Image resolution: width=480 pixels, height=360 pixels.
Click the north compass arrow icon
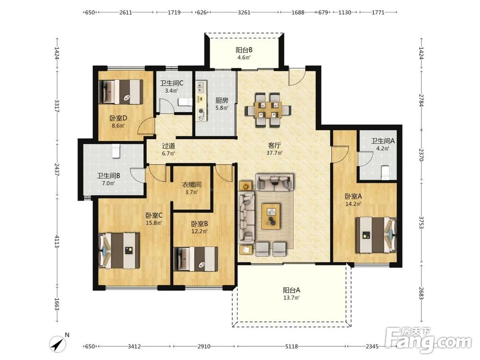[x=58, y=344]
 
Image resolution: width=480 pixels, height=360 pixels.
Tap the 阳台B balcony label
[x=244, y=50]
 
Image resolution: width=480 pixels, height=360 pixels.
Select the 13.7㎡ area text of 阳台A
[x=291, y=298]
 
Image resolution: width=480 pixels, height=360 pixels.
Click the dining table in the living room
[x=268, y=109]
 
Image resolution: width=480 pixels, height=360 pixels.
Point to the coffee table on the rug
[x=271, y=216]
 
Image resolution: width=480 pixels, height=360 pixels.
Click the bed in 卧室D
[x=122, y=92]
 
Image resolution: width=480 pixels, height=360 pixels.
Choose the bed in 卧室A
[x=376, y=235]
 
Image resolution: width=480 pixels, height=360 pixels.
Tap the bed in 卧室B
[x=196, y=259]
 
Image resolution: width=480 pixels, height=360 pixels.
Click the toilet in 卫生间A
[x=384, y=172]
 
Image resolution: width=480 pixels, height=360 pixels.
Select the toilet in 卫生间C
[x=185, y=102]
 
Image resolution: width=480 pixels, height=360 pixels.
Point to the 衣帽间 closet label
[x=192, y=185]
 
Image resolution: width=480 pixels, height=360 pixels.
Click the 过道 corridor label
[x=168, y=146]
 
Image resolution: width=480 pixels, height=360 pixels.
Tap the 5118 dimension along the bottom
[x=291, y=346]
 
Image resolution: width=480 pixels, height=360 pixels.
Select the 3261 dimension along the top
[x=244, y=12]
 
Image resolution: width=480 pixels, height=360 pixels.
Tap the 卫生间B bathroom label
[x=108, y=176]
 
